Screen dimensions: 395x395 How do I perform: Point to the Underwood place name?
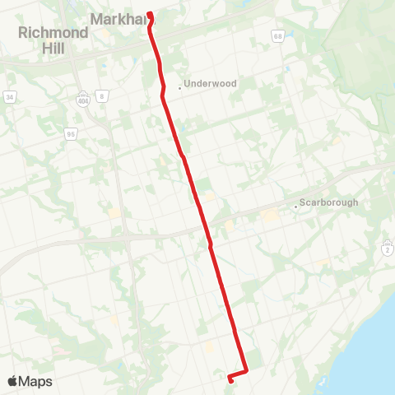[211, 84]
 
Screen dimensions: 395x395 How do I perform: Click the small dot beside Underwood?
[179, 87]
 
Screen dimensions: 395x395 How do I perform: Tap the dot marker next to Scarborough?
[296, 207]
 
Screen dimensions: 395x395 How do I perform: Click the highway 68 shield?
[278, 37]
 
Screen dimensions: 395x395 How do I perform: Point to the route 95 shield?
[71, 132]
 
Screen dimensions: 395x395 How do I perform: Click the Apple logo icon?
[12, 381]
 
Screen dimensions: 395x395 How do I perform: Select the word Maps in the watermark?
[35, 381]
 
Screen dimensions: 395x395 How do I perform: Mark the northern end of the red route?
[150, 13]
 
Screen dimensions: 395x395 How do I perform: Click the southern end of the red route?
[229, 379]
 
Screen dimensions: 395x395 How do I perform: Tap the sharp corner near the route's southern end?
[247, 372]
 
